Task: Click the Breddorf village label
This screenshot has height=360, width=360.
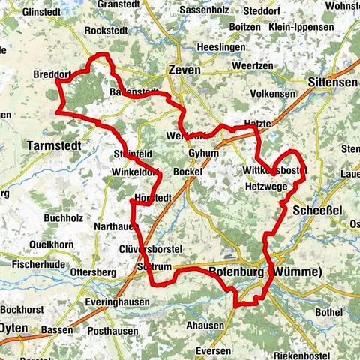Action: (x=52, y=74)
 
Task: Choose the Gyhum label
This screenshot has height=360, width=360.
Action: (x=204, y=153)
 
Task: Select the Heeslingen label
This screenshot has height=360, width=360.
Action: (x=218, y=47)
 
